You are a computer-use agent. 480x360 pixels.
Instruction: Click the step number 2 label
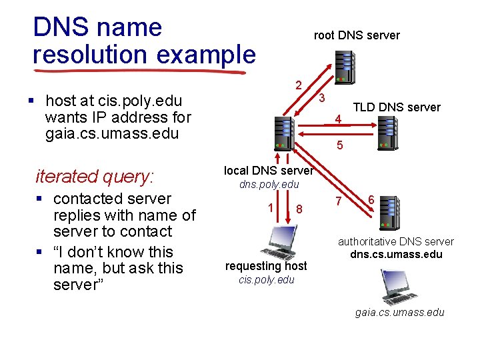pos(299,85)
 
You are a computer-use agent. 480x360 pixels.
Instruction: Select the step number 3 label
pos(321,98)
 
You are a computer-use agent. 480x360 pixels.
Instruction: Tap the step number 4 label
pos(339,120)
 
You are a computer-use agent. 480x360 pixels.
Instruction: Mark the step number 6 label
pos(371,199)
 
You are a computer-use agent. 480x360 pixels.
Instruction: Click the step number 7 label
pos(339,201)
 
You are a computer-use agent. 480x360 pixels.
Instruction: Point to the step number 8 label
pos(299,209)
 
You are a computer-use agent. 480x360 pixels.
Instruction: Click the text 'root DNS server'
pos(357,35)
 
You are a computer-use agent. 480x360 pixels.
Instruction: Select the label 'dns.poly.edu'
pos(269,184)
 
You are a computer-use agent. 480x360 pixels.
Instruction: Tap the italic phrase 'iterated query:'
pos(95,177)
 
